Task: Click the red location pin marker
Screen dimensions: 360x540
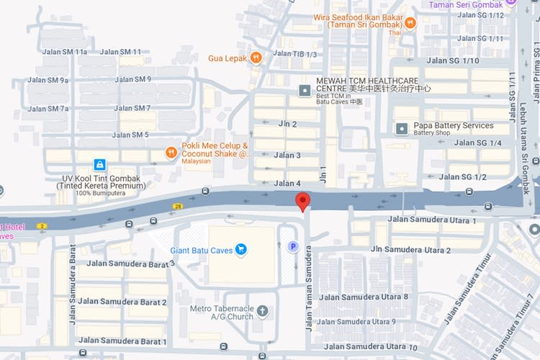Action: [304, 202]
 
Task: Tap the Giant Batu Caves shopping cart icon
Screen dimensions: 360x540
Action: [240, 250]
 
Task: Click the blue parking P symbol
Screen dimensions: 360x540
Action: [293, 247]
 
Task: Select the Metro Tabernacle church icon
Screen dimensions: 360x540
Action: [262, 312]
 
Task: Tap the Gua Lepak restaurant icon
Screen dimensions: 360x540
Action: [256, 58]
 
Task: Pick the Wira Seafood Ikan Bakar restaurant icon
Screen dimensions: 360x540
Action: [410, 23]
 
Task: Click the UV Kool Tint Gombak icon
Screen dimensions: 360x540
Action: [99, 164]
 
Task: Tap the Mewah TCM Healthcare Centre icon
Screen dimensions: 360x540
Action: [305, 90]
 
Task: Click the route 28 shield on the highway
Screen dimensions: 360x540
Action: [177, 206]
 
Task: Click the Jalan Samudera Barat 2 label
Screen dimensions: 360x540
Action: [122, 302]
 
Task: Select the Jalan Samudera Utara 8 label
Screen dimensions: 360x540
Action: [364, 297]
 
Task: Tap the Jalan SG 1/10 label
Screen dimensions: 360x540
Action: [453, 60]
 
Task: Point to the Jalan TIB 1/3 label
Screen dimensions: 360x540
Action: [295, 55]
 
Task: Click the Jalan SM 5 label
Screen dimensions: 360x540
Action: [130, 135]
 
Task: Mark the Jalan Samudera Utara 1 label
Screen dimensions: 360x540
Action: [432, 220]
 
